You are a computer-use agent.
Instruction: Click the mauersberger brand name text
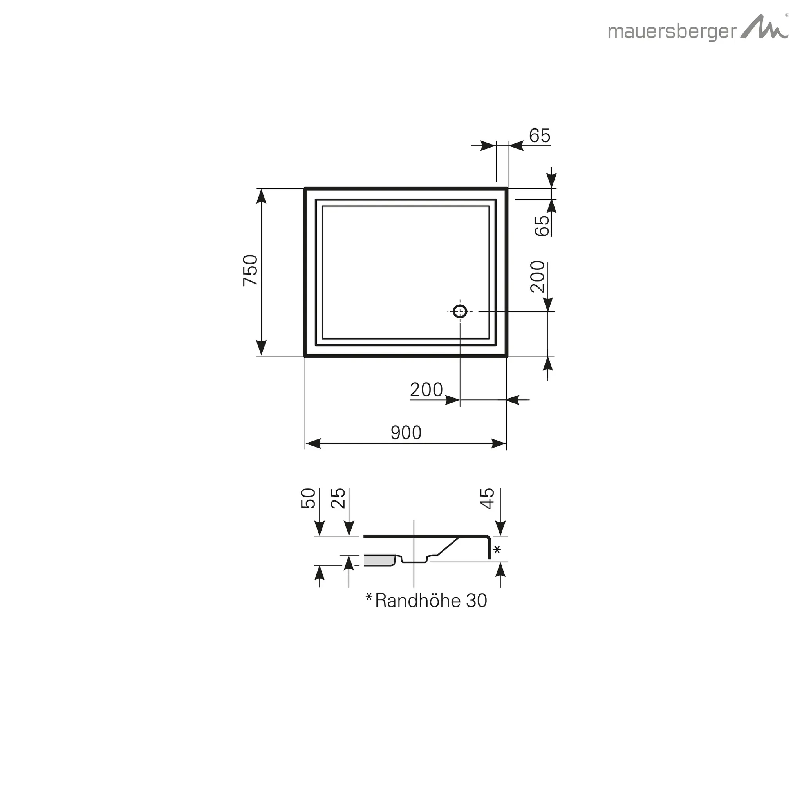[x=672, y=33]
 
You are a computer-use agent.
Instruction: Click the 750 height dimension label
[x=250, y=270]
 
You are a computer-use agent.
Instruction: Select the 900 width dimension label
[x=406, y=433]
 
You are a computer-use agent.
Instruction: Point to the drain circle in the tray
[x=460, y=311]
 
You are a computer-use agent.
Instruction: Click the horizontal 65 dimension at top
[x=540, y=136]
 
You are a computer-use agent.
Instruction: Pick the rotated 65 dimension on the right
[x=542, y=226]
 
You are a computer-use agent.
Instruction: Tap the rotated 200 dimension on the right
[x=538, y=276]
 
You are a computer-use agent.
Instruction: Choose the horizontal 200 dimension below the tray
[x=426, y=390]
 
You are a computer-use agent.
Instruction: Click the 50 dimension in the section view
[x=308, y=498]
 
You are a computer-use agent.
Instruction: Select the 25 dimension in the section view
[x=338, y=498]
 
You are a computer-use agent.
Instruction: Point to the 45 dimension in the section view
[x=487, y=498]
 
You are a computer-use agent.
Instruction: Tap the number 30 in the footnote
[x=476, y=601]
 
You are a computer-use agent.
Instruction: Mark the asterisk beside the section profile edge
[x=497, y=551]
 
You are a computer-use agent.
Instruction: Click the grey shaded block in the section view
[x=379, y=560]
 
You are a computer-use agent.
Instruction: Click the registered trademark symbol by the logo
[x=787, y=15]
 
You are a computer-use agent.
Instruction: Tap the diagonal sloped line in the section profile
[x=448, y=546]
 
